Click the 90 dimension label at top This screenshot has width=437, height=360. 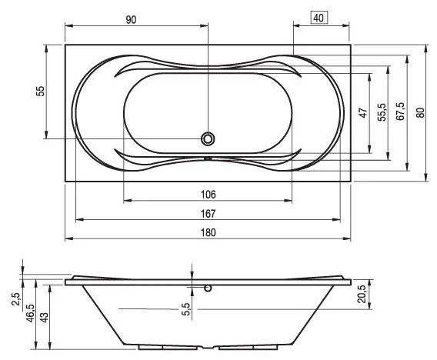click(131, 20)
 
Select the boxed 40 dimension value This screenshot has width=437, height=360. click(319, 18)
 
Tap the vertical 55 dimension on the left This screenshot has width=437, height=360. click(41, 91)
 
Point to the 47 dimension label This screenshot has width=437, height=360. click(363, 113)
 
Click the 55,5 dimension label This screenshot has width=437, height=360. click(382, 112)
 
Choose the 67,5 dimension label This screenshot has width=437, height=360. click(400, 112)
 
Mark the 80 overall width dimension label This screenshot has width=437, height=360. click(420, 112)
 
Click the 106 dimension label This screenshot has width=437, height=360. click(208, 194)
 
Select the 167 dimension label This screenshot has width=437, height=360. click(208, 213)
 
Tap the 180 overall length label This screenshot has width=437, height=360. click(208, 232)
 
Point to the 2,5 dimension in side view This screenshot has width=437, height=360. click(16, 299)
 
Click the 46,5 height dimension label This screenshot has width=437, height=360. click(30, 313)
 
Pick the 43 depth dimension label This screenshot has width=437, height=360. click(45, 318)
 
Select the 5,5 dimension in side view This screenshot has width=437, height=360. click(186, 309)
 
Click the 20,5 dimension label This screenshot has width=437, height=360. click(362, 294)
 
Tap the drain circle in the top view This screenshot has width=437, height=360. click(208, 138)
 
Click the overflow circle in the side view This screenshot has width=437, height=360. click(208, 288)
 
